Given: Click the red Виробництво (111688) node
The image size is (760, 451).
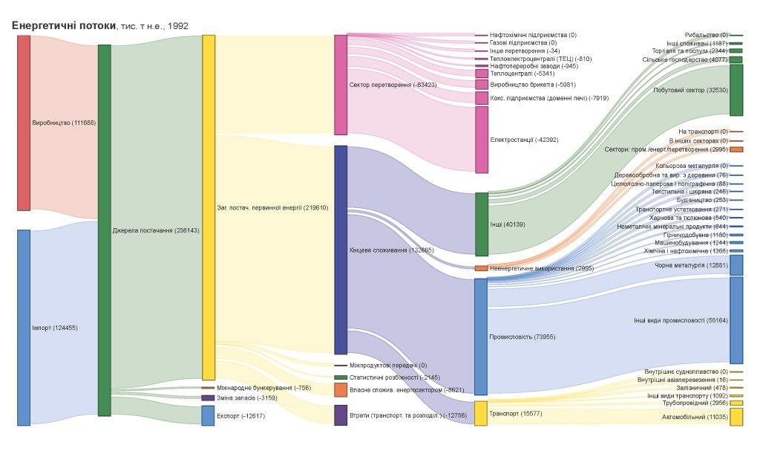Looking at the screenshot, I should [24, 123].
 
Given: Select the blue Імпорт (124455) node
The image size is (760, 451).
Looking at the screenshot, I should [24, 327].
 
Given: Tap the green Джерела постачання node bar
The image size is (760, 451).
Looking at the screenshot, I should [105, 230].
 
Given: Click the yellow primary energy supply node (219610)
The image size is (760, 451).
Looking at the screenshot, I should [209, 207].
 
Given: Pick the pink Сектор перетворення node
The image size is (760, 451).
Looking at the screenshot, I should [341, 85].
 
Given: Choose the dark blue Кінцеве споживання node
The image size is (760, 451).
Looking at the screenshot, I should [341, 250].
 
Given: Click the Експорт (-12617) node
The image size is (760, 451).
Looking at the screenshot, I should [208, 415].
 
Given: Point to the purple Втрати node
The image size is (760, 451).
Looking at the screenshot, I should [341, 415].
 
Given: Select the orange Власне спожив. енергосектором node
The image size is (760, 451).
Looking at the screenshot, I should [341, 390].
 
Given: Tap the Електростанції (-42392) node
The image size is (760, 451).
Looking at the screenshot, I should [482, 140].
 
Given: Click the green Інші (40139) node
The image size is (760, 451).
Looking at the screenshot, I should [482, 224].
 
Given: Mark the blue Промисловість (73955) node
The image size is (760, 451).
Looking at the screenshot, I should [481, 337].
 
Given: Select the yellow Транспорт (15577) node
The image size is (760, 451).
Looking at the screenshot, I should [481, 413].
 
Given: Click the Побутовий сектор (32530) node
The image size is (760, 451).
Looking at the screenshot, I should [736, 90].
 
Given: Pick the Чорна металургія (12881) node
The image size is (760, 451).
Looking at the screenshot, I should [736, 265].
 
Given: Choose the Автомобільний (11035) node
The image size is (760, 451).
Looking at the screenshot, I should [736, 417].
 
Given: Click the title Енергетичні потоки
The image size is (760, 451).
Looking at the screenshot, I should [64, 25].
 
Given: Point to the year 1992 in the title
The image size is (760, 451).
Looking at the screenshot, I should [178, 26].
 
